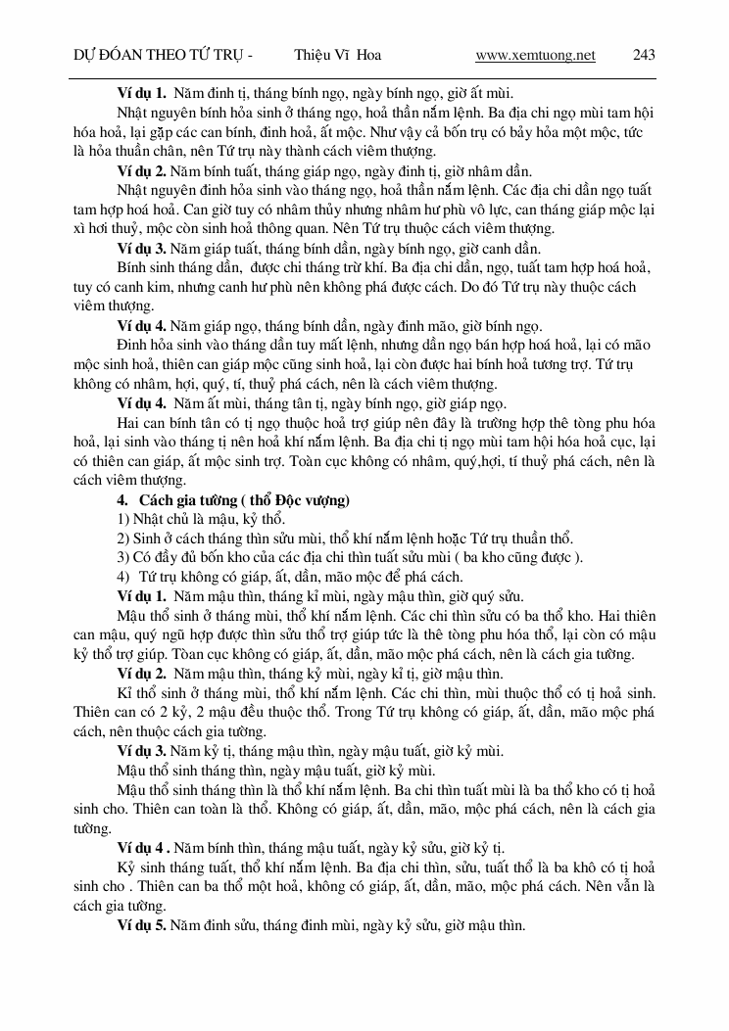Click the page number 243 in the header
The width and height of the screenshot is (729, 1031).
click(644, 56)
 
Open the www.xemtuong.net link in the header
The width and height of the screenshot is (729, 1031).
click(535, 56)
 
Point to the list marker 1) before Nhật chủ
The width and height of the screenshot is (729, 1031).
click(123, 519)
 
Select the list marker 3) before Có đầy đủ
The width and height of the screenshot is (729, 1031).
click(123, 557)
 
